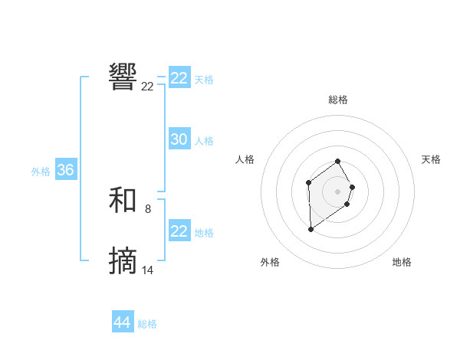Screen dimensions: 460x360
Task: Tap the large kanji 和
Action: pyautogui.click(x=123, y=201)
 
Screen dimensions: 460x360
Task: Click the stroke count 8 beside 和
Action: pyautogui.click(x=148, y=208)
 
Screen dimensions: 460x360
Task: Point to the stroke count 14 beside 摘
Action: pyautogui.click(x=148, y=270)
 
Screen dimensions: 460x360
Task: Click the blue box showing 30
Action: pyautogui.click(x=179, y=139)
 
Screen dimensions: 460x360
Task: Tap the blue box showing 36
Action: pyautogui.click(x=66, y=170)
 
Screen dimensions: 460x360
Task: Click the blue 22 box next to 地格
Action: pyautogui.click(x=179, y=231)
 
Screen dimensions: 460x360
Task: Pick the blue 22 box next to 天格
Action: pyautogui.click(x=179, y=78)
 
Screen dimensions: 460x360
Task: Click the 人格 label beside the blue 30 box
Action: pyautogui.click(x=204, y=141)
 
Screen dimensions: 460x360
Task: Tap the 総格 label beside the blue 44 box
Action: pyautogui.click(x=147, y=324)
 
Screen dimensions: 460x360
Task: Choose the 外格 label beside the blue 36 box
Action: pyautogui.click(x=41, y=172)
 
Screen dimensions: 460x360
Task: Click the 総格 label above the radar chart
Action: pyautogui.click(x=338, y=100)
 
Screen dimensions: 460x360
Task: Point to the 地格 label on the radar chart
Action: pyautogui.click(x=402, y=262)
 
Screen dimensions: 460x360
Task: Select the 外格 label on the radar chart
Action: pyautogui.click(x=270, y=262)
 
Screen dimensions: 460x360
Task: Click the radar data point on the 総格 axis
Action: pyautogui.click(x=338, y=161)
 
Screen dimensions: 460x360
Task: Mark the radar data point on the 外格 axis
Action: pyautogui.click(x=310, y=229)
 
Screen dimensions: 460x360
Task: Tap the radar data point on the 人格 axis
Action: pyautogui.click(x=308, y=182)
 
